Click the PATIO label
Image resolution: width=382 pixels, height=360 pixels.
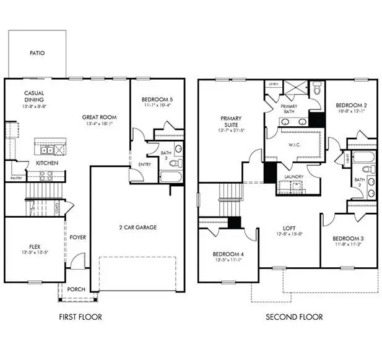pyautogui.click(x=37, y=54)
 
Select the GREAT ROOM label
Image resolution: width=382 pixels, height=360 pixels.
pyautogui.click(x=99, y=118)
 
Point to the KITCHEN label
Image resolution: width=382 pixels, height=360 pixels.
pyautogui.click(x=47, y=163)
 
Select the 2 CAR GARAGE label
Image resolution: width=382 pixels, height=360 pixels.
pyautogui.click(x=137, y=227)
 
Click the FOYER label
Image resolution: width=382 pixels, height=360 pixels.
pyautogui.click(x=77, y=237)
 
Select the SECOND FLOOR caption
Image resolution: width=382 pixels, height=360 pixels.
pyautogui.click(x=294, y=317)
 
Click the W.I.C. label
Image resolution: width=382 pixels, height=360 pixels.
pyautogui.click(x=294, y=146)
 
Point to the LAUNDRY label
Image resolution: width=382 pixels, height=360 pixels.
pyautogui.click(x=293, y=176)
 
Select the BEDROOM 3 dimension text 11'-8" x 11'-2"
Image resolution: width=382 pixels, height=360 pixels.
pyautogui.click(x=347, y=245)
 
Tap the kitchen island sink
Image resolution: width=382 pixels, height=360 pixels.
pyautogui.click(x=46, y=150)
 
